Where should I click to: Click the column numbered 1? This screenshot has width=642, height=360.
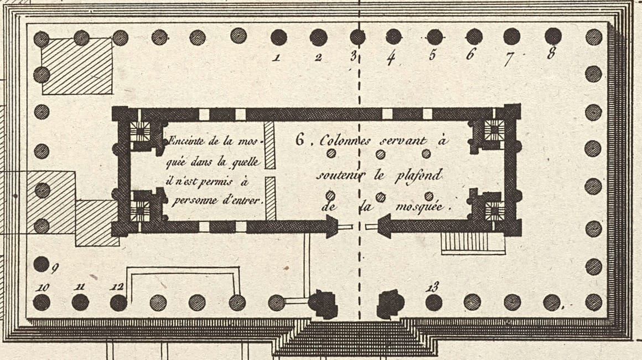pyautogui.click(x=278, y=37)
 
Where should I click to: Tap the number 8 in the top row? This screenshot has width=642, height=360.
pyautogui.click(x=551, y=54)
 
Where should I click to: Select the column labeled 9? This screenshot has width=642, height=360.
pyautogui.click(x=41, y=264)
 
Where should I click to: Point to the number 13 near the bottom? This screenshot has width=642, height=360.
pyautogui.click(x=433, y=287)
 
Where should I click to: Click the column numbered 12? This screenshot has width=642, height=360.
pyautogui.click(x=118, y=302)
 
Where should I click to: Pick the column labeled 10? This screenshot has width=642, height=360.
pyautogui.click(x=42, y=302)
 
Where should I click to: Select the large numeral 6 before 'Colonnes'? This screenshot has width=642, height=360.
pyautogui.click(x=300, y=140)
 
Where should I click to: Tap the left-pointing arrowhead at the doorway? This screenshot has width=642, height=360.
pyautogui.click(x=385, y=226)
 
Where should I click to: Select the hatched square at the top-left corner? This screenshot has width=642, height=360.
pyautogui.click(x=77, y=66)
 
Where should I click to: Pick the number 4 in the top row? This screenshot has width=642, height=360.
pyautogui.click(x=391, y=56)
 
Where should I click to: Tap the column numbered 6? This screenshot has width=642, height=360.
pyautogui.click(x=474, y=37)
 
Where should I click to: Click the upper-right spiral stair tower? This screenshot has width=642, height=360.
pyautogui.click(x=493, y=131)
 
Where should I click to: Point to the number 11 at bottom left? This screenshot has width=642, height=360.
pyautogui.click(x=80, y=287)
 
